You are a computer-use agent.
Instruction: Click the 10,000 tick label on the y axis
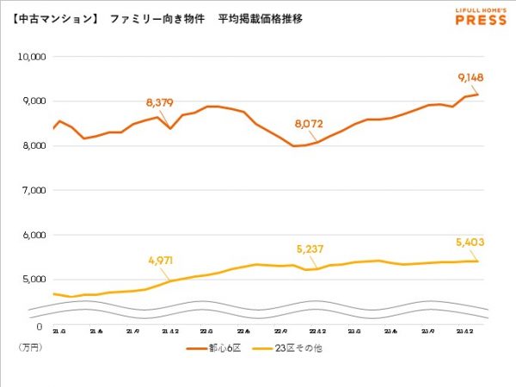[32, 57]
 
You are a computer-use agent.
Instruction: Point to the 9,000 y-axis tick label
[34, 101]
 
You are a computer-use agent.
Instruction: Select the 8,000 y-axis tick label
[34, 146]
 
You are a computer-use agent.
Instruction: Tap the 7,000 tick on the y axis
[34, 190]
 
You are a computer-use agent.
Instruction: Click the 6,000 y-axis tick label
[34, 235]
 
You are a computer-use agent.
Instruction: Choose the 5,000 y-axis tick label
[34, 279]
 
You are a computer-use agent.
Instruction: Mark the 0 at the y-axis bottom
[40, 326]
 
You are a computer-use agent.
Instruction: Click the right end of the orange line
[478, 94]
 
